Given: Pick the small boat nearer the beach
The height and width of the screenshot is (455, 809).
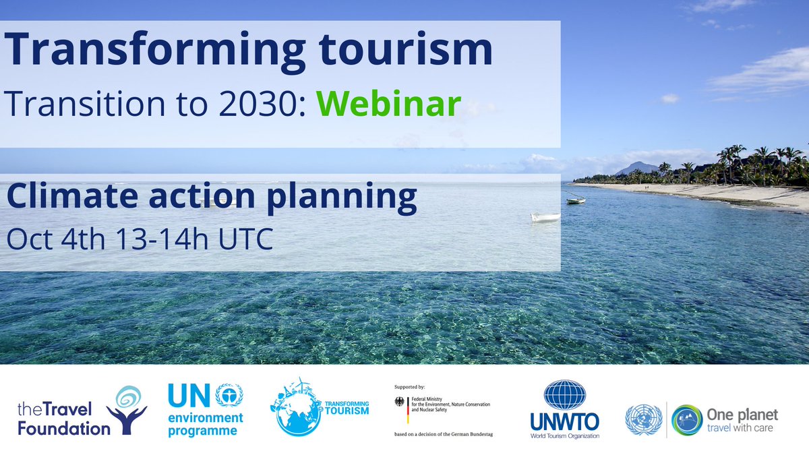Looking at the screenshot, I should tap(575, 200).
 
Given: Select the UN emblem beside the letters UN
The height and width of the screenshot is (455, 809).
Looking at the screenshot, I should tap(230, 395).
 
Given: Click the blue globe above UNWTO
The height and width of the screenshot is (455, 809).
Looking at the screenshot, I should tap(564, 395).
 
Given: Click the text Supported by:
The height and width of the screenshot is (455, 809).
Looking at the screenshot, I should tap(410, 388).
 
